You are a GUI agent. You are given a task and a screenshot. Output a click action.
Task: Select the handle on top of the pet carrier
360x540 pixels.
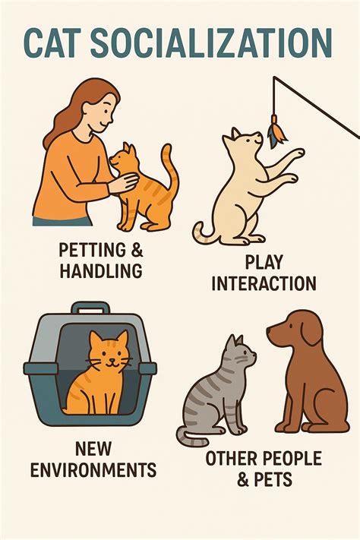[x=90, y=308]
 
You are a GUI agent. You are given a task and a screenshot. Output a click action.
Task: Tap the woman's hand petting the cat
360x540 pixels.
[x=123, y=182]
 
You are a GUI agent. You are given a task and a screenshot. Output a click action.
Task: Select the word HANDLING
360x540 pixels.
[x=101, y=270]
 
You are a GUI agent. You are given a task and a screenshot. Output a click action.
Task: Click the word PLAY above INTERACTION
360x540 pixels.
[x=264, y=263]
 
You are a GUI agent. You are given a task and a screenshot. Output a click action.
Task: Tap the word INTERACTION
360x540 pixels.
[x=264, y=283]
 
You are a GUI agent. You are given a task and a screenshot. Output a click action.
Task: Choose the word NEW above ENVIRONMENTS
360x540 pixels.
[x=93, y=448]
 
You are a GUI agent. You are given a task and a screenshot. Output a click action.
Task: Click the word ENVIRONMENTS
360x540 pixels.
[x=93, y=469]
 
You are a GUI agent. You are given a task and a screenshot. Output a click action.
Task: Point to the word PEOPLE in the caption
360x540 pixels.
[x=292, y=459]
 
